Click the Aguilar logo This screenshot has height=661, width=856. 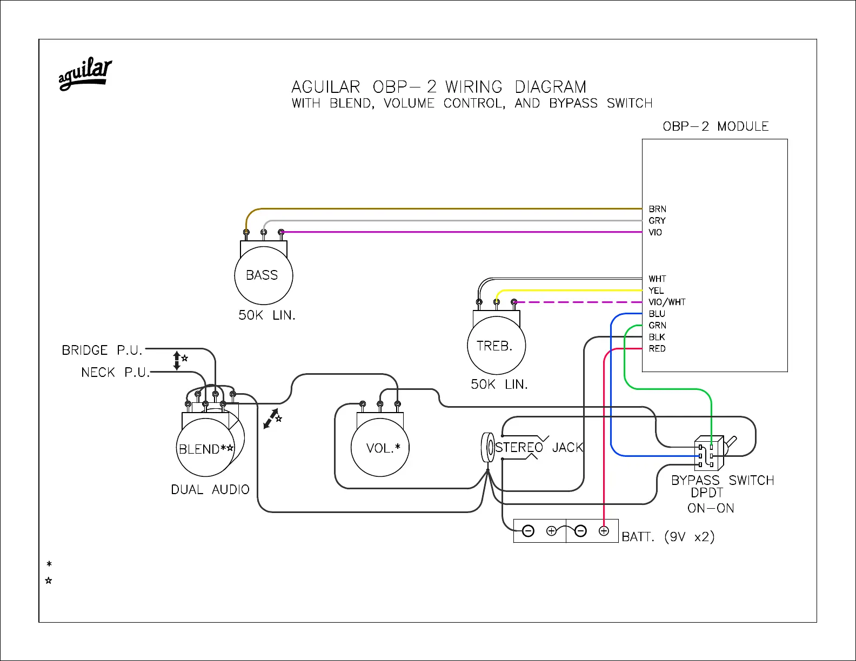[85, 75]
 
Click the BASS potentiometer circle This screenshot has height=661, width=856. [264, 275]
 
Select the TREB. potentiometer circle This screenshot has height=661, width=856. [496, 346]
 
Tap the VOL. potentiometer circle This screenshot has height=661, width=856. [380, 448]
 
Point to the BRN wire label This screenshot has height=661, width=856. [657, 209]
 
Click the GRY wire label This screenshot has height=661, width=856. [657, 220]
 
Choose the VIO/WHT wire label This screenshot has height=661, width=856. [667, 302]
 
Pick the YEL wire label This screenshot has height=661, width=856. [656, 291]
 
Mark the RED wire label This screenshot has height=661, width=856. [657, 348]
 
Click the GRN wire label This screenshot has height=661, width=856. [657, 325]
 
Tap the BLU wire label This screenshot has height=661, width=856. [657, 314]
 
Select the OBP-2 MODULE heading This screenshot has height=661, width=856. [715, 126]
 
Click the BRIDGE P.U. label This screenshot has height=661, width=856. [102, 350]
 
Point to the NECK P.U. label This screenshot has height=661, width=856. [115, 372]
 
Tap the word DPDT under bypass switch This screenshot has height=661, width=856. [707, 493]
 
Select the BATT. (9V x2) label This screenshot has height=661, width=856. [668, 537]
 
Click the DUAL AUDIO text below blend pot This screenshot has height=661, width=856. [210, 489]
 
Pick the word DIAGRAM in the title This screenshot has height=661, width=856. [550, 87]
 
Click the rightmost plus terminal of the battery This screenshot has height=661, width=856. [604, 531]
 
